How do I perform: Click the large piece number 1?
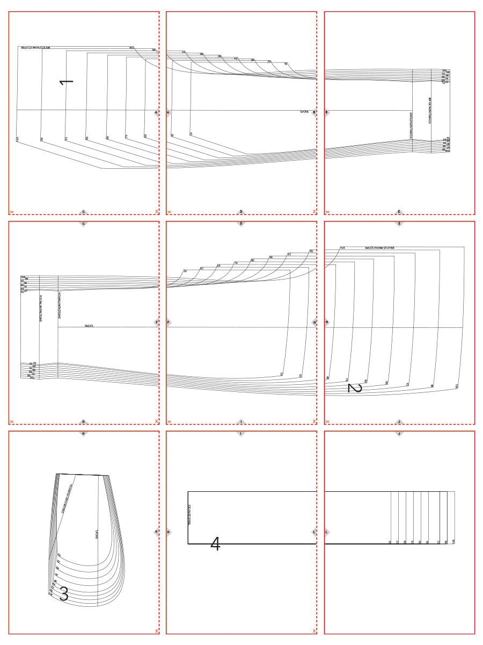click(67, 82)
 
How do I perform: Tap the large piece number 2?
click(355, 388)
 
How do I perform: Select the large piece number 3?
click(63, 594)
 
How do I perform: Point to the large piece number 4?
click(215, 544)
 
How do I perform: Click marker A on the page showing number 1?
click(156, 112)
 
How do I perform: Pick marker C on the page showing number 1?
click(83, 212)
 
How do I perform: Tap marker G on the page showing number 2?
click(327, 322)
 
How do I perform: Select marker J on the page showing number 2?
click(399, 422)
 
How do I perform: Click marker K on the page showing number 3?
click(156, 532)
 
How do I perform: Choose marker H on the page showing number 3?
click(83, 433)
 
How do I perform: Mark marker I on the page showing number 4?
click(241, 433)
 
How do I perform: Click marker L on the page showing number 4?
click(314, 532)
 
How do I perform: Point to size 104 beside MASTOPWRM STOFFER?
click(342, 248)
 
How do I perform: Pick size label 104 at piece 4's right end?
click(453, 541)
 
